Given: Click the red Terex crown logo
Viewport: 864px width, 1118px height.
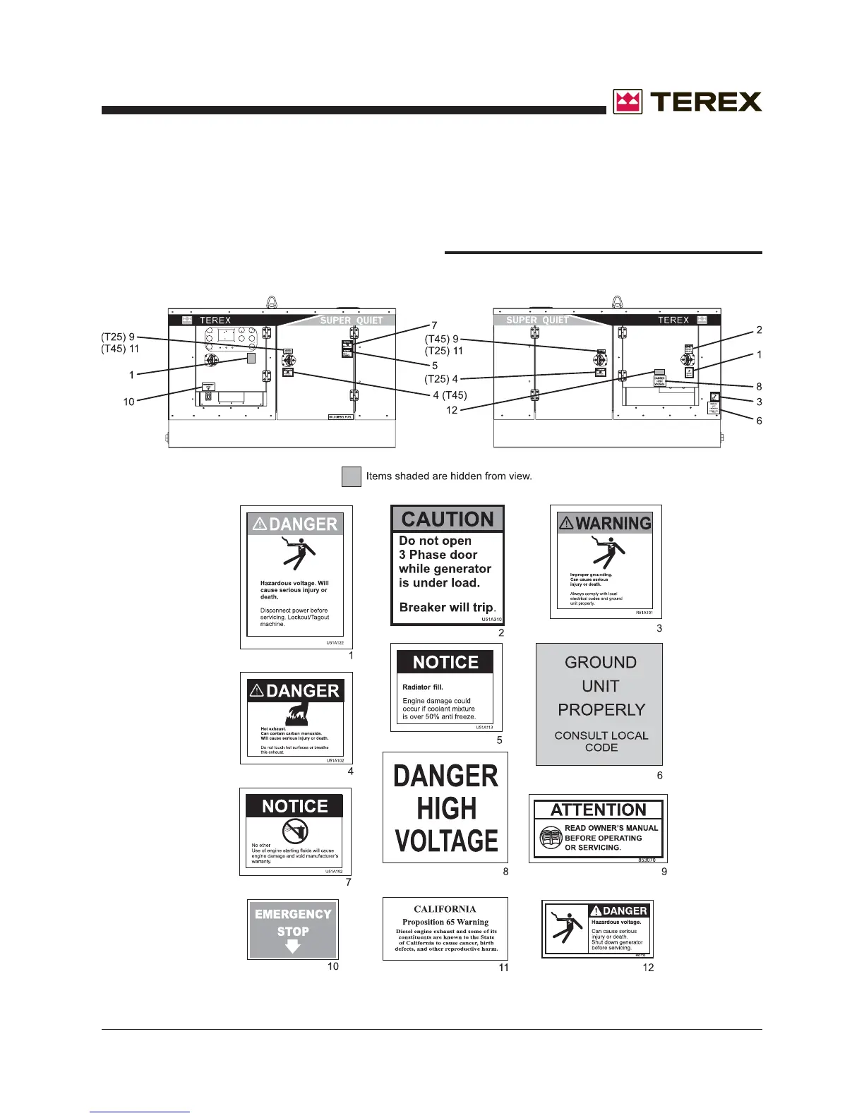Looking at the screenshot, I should point(628,102).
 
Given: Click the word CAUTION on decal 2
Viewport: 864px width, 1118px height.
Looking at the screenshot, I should point(448,519).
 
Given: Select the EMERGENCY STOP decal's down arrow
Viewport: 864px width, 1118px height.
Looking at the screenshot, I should point(293,946).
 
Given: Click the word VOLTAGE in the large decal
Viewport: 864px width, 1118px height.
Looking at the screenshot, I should point(446,841).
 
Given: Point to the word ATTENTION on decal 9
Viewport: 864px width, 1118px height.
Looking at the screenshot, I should point(598,810).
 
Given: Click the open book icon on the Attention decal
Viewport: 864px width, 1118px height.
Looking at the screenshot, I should point(551,838).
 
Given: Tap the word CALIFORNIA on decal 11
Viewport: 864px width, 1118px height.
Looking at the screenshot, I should point(445,909).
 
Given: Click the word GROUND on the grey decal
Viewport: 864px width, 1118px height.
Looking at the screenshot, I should point(600,662).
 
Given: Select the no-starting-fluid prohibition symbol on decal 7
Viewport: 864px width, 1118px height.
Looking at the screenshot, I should point(295,831).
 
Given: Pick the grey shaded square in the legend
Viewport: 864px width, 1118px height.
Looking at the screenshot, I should point(352,476).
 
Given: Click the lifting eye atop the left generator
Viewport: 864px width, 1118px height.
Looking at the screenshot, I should point(271,301).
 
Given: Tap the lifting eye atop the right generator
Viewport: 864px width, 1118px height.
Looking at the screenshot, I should point(618,301).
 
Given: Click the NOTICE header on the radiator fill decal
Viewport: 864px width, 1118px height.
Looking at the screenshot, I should point(445,662).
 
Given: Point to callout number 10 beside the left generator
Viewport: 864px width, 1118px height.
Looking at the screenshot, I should point(128,402).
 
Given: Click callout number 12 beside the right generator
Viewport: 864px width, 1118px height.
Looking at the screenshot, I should point(452,410).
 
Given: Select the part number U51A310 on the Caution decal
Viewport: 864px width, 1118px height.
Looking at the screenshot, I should point(491,620).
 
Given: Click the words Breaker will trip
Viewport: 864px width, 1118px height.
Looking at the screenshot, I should point(447,607).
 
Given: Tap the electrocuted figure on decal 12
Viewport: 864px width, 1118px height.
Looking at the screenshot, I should point(566,927).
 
